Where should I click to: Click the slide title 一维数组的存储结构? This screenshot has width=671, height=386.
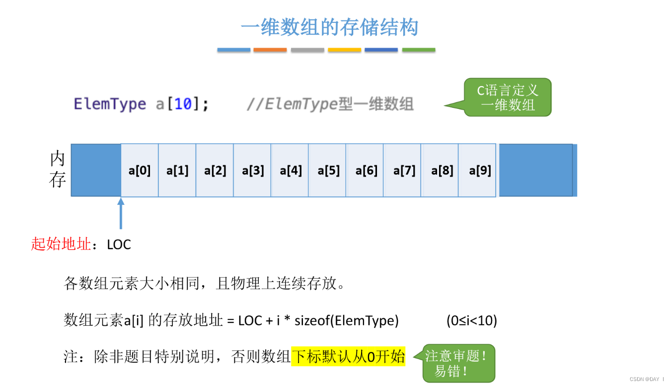tap(329, 27)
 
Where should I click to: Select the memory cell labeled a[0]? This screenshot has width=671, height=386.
tap(140, 171)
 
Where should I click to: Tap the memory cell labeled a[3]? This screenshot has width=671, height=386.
tap(253, 171)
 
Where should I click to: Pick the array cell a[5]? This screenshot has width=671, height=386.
tap(328, 171)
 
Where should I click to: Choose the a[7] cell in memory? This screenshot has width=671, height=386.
tap(404, 171)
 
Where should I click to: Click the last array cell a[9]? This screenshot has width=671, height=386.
tap(480, 171)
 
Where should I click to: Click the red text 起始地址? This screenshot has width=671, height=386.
tap(61, 244)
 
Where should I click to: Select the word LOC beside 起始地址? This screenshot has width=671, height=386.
tap(119, 245)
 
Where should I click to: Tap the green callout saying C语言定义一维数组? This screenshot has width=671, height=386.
tap(508, 97)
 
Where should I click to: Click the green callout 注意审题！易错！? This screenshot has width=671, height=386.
tap(458, 363)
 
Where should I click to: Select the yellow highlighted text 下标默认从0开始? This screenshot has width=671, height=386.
tap(348, 357)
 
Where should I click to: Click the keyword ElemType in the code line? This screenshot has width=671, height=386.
tap(110, 104)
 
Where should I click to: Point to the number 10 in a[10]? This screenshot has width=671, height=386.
tap(183, 104)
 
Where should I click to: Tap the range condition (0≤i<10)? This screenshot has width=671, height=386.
tap(471, 321)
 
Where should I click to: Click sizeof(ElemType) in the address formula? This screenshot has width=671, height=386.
tap(346, 321)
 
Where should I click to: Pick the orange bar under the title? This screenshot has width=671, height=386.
tap(270, 50)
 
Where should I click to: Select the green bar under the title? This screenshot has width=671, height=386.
tap(418, 50)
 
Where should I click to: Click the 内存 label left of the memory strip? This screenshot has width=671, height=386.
tap(58, 170)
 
